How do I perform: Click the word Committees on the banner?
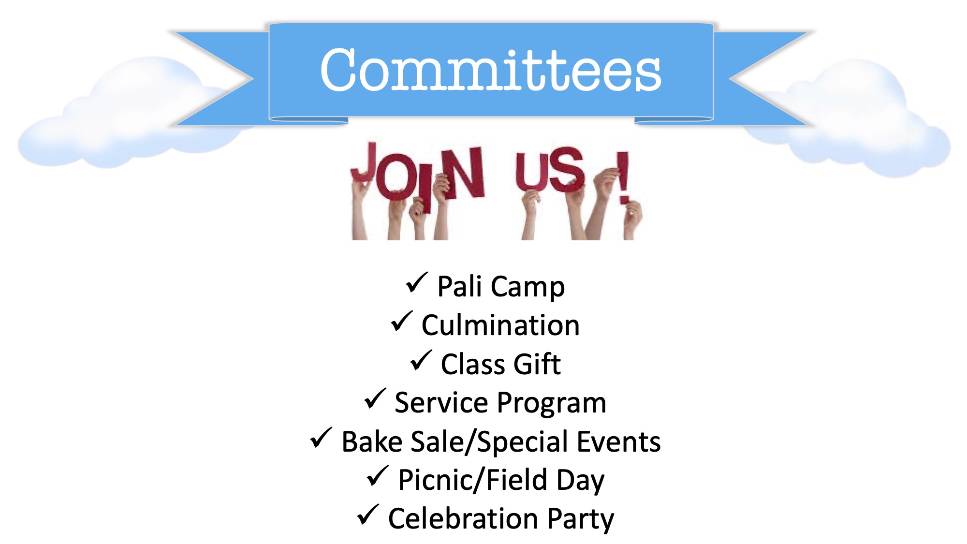[x=491, y=70]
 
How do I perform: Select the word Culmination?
[x=500, y=325]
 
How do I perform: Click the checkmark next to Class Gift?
[x=421, y=360]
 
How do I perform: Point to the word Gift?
[x=537, y=364]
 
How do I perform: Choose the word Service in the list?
[x=441, y=402]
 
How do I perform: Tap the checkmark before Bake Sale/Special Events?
[x=321, y=438]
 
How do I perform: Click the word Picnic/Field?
[x=472, y=480]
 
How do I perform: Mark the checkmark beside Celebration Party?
[x=368, y=515]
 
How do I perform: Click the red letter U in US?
[x=530, y=172]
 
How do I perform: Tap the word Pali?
[x=460, y=286]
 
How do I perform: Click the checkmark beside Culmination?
[x=402, y=322]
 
